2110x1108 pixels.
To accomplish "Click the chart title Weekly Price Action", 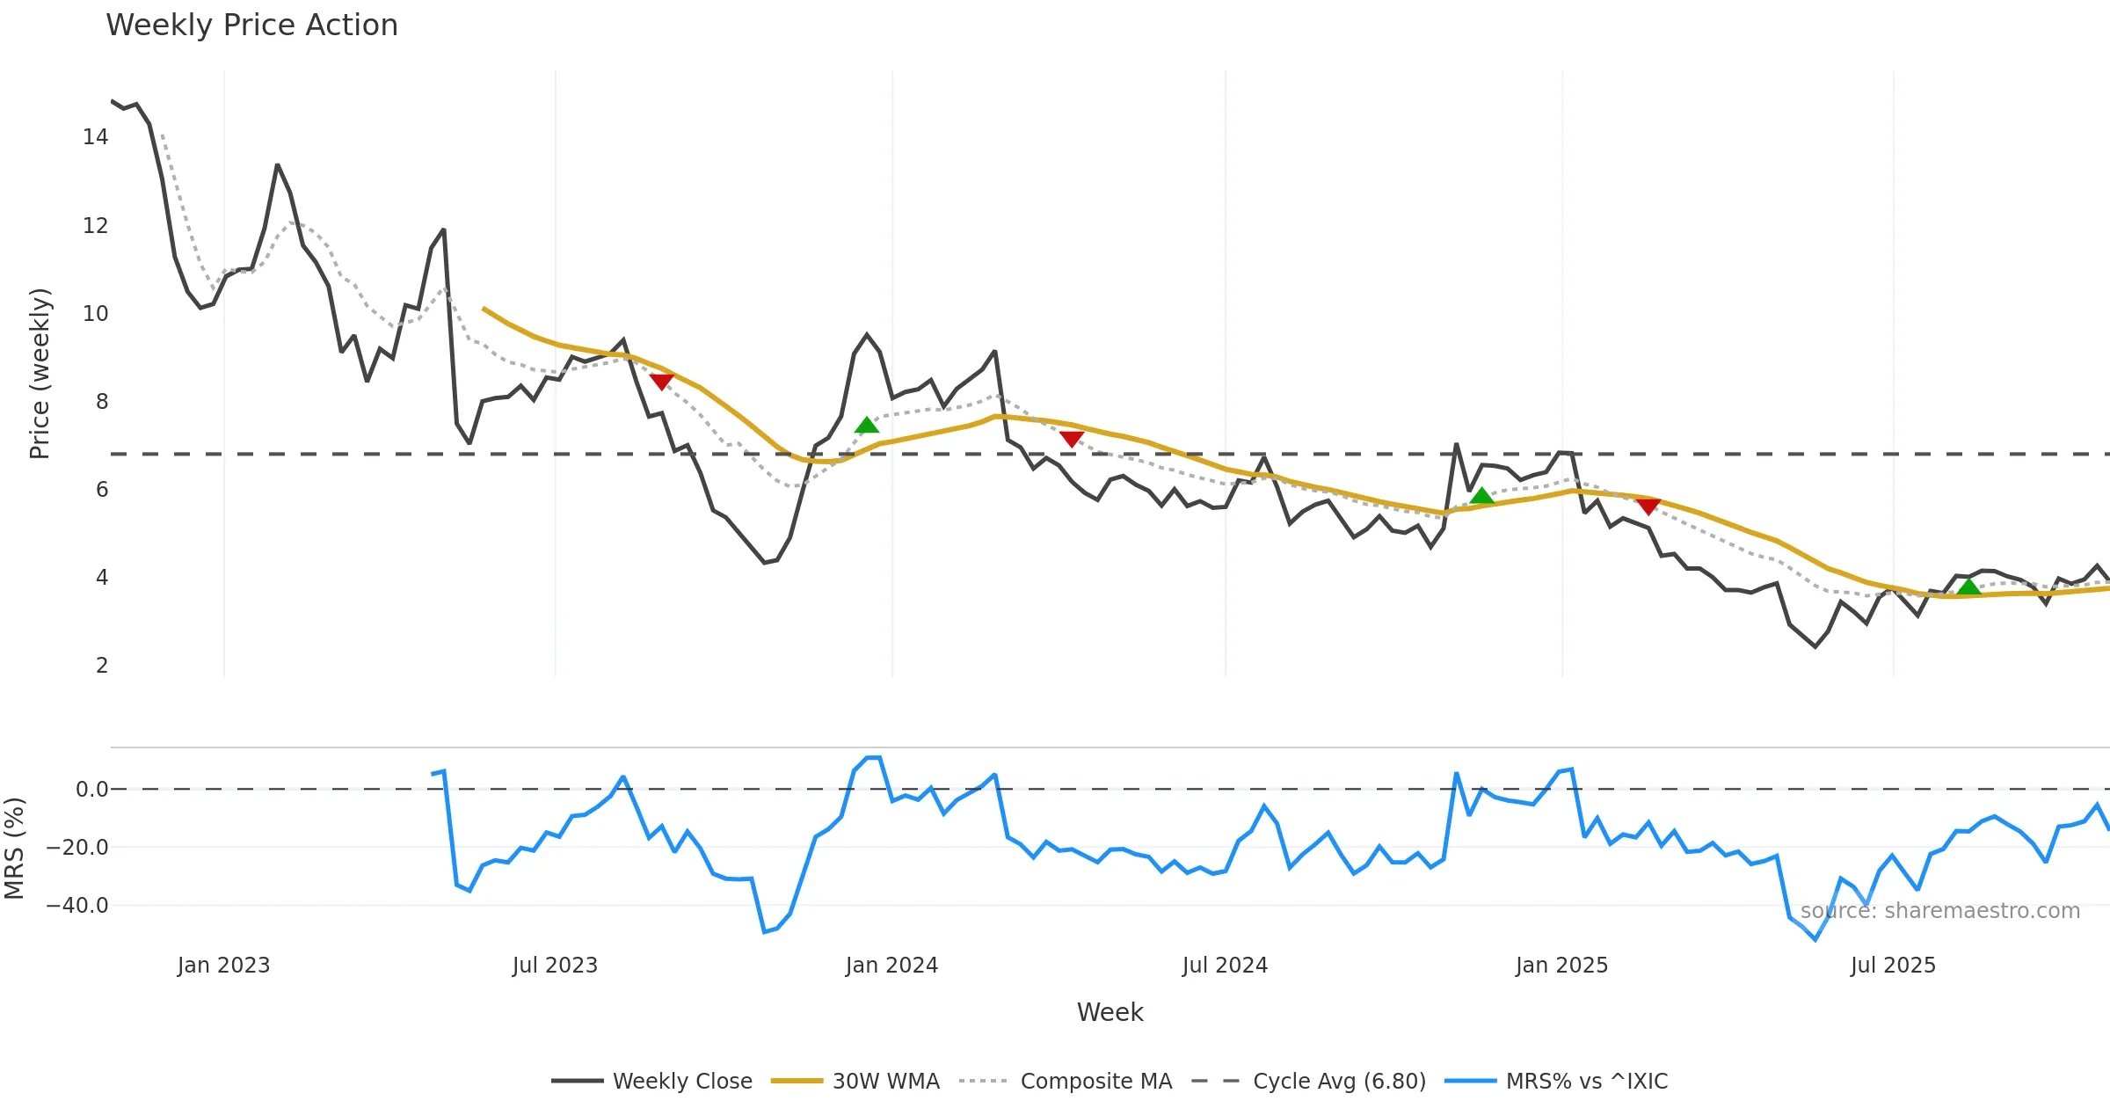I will coord(251,26).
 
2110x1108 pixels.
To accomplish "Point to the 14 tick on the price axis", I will coord(96,137).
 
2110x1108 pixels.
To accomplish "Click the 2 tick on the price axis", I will coord(102,666).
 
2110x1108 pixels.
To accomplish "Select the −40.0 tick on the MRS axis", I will coord(77,906).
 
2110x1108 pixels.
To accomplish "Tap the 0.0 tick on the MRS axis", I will coord(91,790).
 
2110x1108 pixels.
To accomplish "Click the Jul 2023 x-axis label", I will coord(555,966).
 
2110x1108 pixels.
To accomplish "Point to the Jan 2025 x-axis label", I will coord(1561,966).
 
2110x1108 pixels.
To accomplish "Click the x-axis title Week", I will coord(1110,1013).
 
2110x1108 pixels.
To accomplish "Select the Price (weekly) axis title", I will coord(40,374).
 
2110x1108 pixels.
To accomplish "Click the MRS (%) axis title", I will coord(15,849).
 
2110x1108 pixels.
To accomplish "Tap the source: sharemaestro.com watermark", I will coord(1939,911).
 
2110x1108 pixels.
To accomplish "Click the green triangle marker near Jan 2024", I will coord(867,426).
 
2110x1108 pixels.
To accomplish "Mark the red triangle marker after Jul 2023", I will coord(661,382).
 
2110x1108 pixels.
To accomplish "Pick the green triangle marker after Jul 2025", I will coord(1968,587).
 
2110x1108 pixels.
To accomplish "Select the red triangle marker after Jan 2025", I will coord(1648,507).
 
